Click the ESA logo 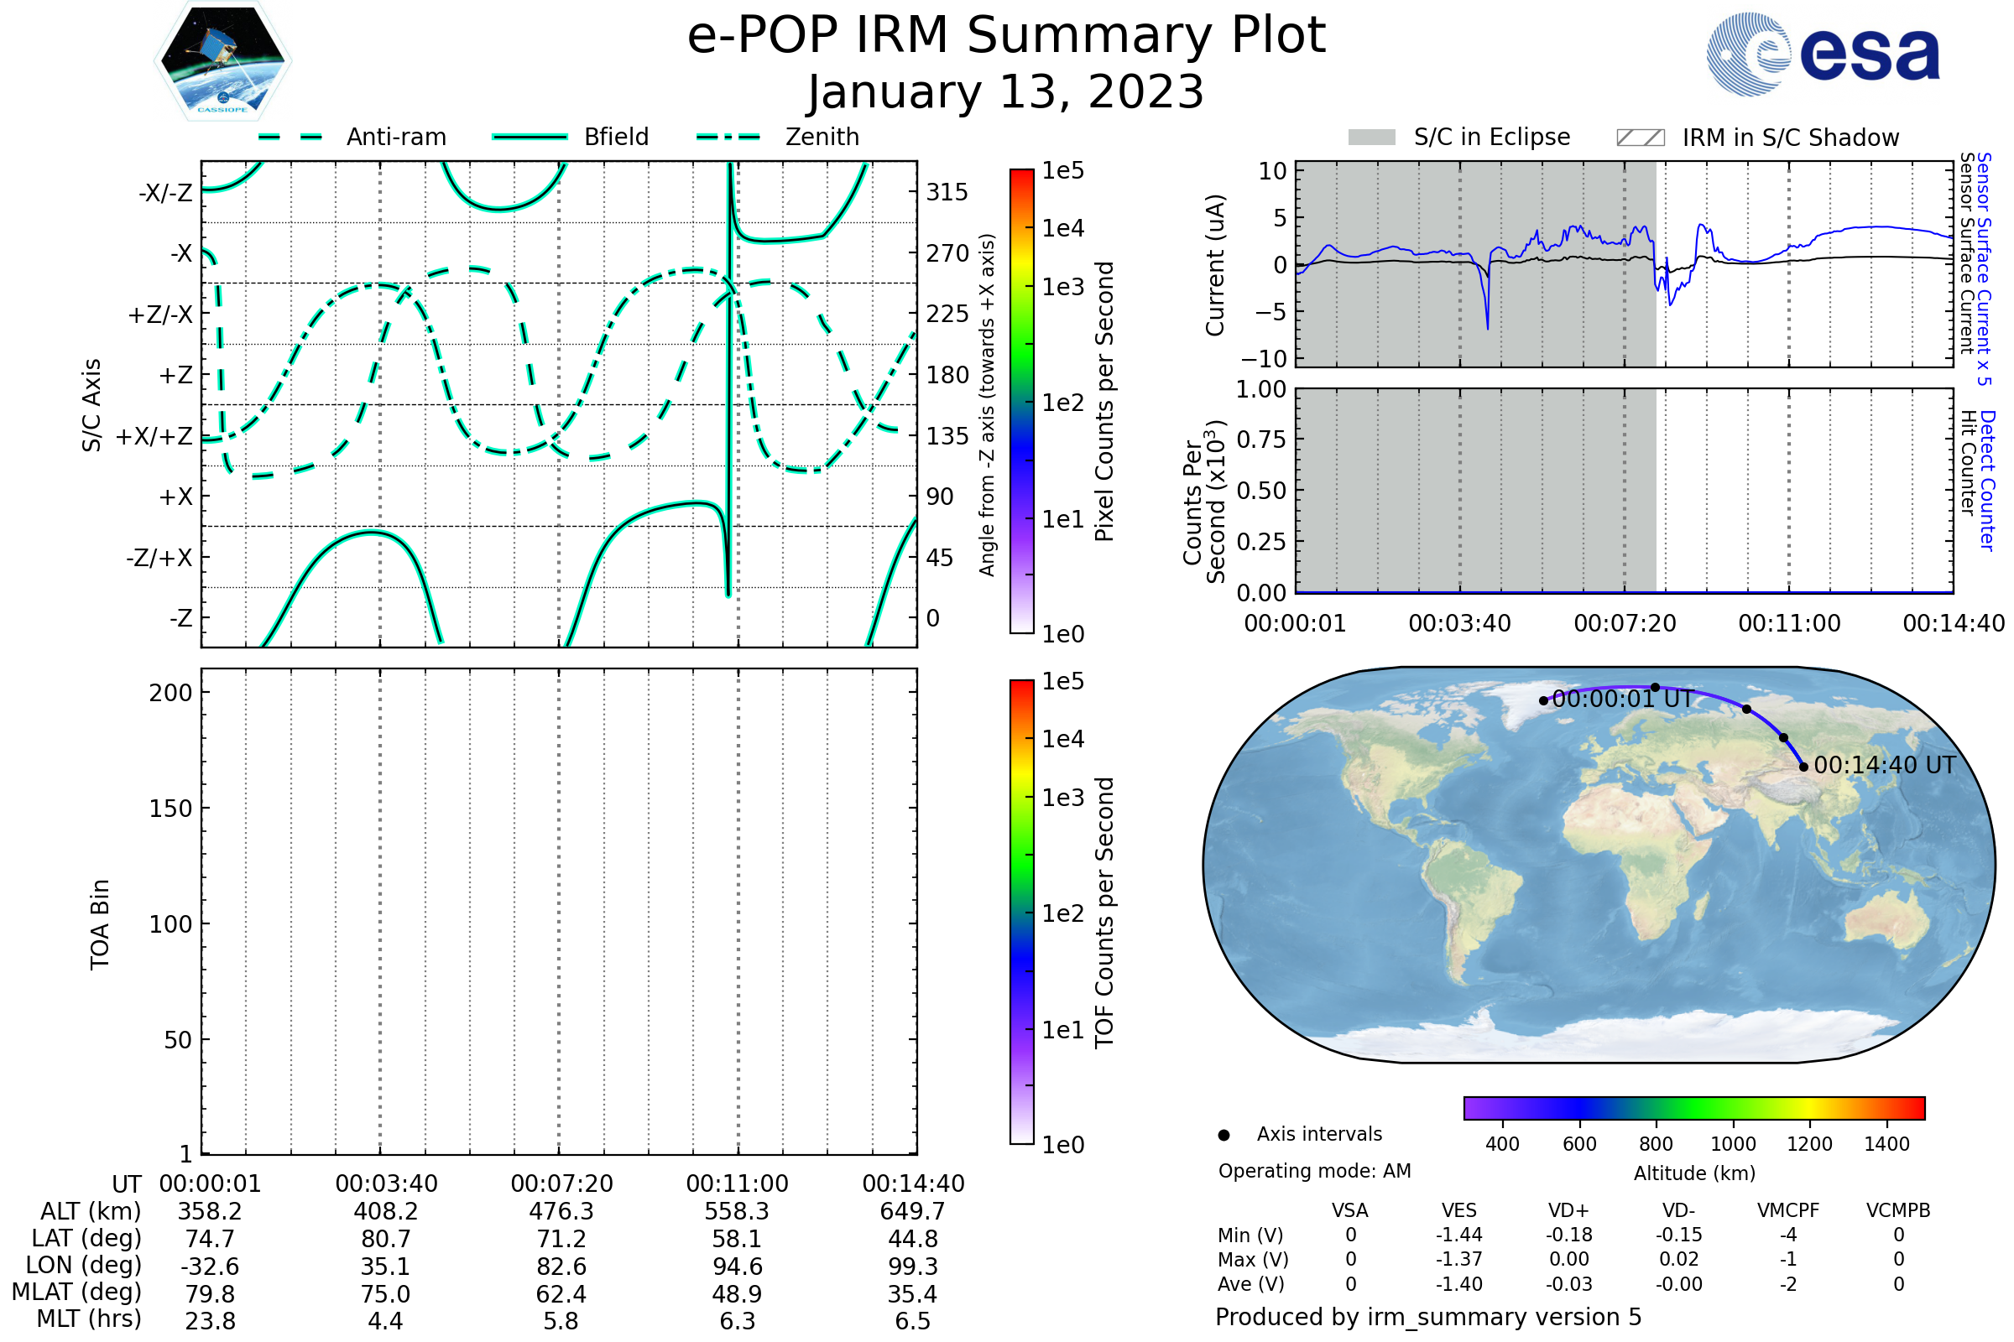pyautogui.click(x=1822, y=53)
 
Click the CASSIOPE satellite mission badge pyautogui.click(x=222, y=60)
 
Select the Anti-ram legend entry pyautogui.click(x=352, y=137)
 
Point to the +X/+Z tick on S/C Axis pyautogui.click(x=154, y=436)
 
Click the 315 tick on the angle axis pyautogui.click(x=947, y=192)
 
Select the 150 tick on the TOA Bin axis pyautogui.click(x=171, y=808)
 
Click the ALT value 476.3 pyautogui.click(x=561, y=1211)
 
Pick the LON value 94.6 pyautogui.click(x=738, y=1266)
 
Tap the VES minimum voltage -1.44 pyautogui.click(x=1459, y=1235)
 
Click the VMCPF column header pyautogui.click(x=1788, y=1210)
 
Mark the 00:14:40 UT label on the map pyautogui.click(x=1885, y=765)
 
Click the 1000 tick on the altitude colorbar pyautogui.click(x=1733, y=1144)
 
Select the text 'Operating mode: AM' pyautogui.click(x=1314, y=1171)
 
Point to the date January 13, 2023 pyautogui.click(x=1006, y=92)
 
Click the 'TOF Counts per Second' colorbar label pyautogui.click(x=1104, y=913)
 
